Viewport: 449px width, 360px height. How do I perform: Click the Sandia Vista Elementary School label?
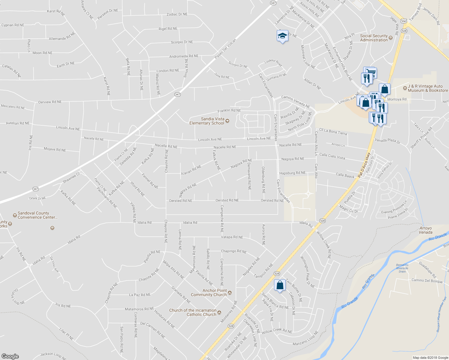(207, 121)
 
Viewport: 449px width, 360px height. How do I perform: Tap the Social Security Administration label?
(374, 38)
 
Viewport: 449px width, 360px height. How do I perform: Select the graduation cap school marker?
(282, 36)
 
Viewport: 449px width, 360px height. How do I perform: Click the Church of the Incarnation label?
(193, 312)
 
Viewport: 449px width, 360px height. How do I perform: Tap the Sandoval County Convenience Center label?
(38, 215)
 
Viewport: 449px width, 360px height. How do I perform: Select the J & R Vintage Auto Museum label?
(428, 88)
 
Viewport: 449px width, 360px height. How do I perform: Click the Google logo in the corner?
(10, 356)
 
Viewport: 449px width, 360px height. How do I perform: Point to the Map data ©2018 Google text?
(430, 358)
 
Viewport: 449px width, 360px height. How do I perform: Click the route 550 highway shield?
(404, 21)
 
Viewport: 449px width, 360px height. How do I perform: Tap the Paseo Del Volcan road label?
(225, 49)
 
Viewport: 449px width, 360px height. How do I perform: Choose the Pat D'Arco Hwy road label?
(364, 165)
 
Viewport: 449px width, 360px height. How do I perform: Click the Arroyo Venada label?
(426, 230)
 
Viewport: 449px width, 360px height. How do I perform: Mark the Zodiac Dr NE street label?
(177, 14)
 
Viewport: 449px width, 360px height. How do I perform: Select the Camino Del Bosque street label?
(427, 281)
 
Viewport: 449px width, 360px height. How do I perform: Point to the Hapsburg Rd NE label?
(292, 173)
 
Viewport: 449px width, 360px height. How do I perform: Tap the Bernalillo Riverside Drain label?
(402, 268)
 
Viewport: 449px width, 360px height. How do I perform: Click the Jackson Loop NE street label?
(53, 355)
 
